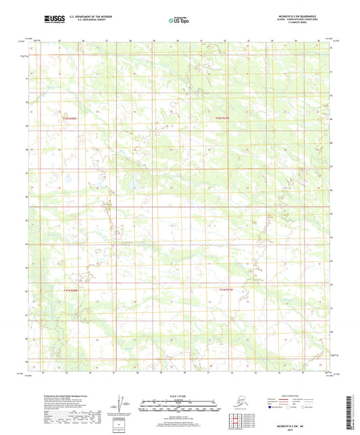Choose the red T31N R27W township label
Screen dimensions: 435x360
click(x=230, y=290)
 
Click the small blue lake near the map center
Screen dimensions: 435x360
click(x=134, y=180)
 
